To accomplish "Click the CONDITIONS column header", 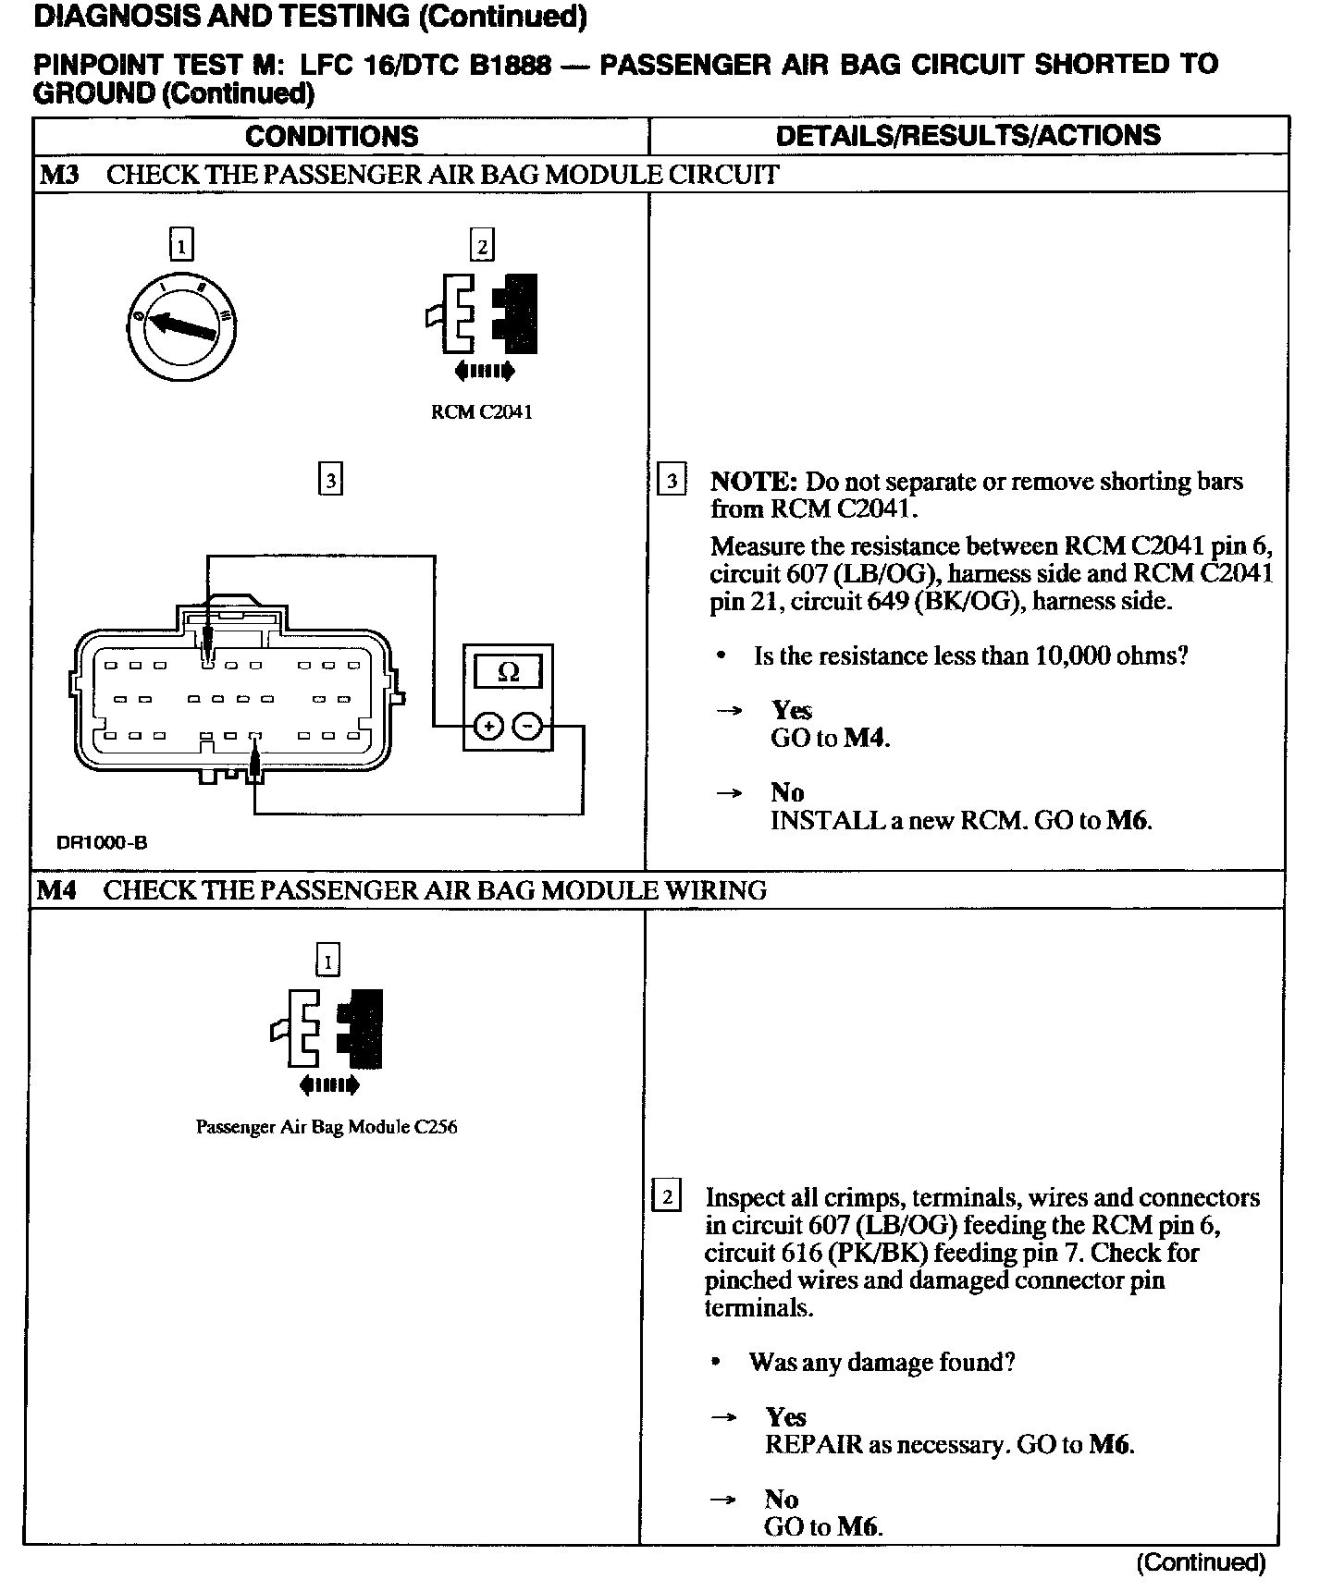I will pyautogui.click(x=331, y=137).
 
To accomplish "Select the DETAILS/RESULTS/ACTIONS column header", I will pyautogui.click(x=968, y=136).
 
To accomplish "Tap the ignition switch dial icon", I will pyautogui.click(x=181, y=324).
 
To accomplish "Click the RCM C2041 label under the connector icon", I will pyautogui.click(x=482, y=412).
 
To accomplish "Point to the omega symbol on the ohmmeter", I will pyautogui.click(x=508, y=672).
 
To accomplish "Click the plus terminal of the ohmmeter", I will pyautogui.click(x=487, y=728).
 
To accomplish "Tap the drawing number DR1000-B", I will pyautogui.click(x=102, y=842).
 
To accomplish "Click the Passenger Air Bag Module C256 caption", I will pyautogui.click(x=327, y=1127).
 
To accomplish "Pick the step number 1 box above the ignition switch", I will pyautogui.click(x=181, y=246).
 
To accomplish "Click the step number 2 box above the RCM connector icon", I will pyautogui.click(x=482, y=246).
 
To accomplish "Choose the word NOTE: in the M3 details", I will pyautogui.click(x=753, y=482).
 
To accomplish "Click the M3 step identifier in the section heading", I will pyautogui.click(x=58, y=175).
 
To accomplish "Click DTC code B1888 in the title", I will pyautogui.click(x=510, y=65).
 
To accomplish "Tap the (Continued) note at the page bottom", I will pyautogui.click(x=1200, y=1562).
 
